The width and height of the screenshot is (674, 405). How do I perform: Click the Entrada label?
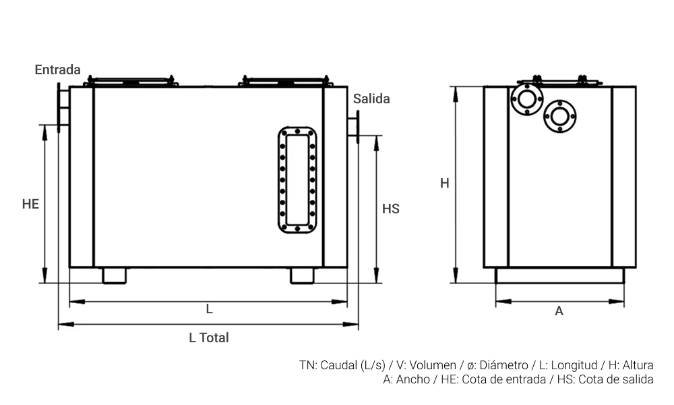point(57,70)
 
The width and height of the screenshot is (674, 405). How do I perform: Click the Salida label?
point(371,99)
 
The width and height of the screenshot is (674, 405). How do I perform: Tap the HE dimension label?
point(30,203)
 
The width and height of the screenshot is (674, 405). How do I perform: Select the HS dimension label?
point(391,209)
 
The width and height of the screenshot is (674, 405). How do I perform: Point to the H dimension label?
point(445,183)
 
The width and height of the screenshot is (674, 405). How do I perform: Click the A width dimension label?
point(559,311)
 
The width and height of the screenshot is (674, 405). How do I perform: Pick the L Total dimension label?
point(209,337)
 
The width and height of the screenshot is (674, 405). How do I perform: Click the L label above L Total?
point(210,309)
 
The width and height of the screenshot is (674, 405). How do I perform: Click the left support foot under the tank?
point(115,275)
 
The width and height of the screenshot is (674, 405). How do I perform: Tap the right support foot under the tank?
point(302,275)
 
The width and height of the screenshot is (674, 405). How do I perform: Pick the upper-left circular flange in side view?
point(526,99)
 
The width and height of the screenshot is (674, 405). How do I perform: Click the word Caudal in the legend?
point(338,365)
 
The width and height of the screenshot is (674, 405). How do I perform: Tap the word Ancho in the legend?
point(412,379)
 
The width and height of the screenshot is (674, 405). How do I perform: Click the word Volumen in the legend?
point(433,365)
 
